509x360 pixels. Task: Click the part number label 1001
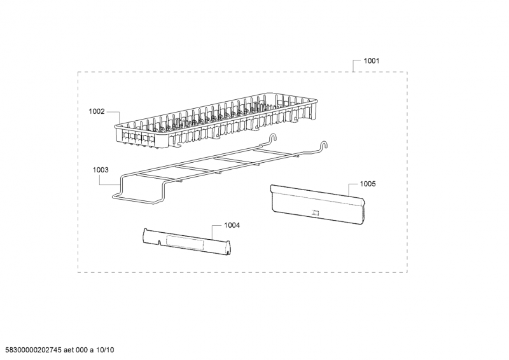tap(371, 60)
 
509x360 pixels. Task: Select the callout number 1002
tap(97, 112)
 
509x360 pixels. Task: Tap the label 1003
tap(101, 170)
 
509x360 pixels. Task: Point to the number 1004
tap(232, 225)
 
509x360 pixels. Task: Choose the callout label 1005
tap(368, 184)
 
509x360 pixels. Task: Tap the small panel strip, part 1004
tap(186, 242)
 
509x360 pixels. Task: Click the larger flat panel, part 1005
tap(318, 205)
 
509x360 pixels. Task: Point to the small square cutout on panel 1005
tap(315, 213)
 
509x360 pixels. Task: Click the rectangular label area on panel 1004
tap(185, 243)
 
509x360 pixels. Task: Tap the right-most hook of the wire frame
tap(324, 145)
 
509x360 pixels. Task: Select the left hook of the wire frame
tap(274, 137)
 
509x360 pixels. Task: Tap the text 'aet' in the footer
tap(69, 350)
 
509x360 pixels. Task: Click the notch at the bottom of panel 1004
tap(159, 243)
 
